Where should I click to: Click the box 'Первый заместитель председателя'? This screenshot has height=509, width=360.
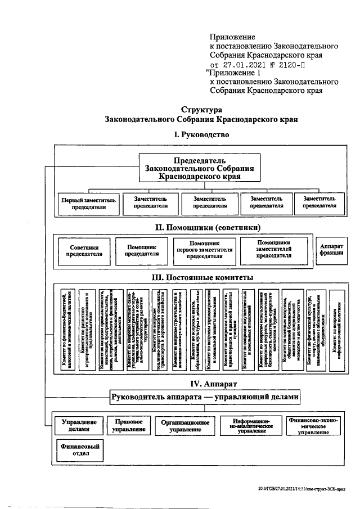pos(87,202)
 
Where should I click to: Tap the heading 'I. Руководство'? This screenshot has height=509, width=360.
pos(199,135)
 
